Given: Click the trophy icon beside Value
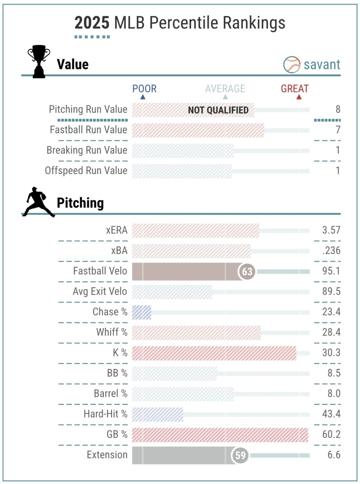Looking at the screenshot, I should click(x=39, y=63).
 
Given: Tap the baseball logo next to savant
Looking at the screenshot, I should click(x=292, y=65).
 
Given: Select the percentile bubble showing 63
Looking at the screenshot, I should click(x=247, y=272).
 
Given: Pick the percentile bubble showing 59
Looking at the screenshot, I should click(x=240, y=455).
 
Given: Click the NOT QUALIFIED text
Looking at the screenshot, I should click(x=218, y=110).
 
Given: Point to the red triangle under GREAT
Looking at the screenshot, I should click(x=299, y=97).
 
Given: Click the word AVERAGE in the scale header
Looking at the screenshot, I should click(x=225, y=89).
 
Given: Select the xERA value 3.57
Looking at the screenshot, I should click(x=331, y=230).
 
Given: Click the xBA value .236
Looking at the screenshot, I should click(x=331, y=251).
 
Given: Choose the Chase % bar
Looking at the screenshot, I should click(x=142, y=312).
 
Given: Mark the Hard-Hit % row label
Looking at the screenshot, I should click(x=106, y=414).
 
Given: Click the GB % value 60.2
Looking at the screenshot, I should click(x=331, y=435).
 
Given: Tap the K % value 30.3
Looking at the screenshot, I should click(x=331, y=353).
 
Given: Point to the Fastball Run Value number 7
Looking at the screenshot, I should click(x=338, y=130).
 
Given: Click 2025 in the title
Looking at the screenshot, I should click(x=92, y=23).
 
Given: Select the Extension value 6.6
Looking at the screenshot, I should click(x=334, y=455).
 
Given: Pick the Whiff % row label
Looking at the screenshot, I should click(x=112, y=332).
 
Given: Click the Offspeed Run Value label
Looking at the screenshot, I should click(x=86, y=171).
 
